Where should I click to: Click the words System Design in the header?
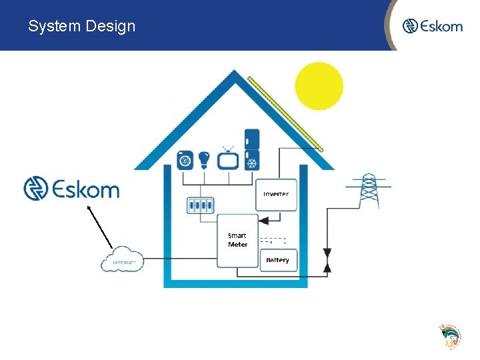click(81, 26)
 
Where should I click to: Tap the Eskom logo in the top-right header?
click(432, 26)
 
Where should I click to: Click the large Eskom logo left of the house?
click(71, 189)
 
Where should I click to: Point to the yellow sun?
click(319, 85)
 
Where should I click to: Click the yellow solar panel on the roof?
click(285, 113)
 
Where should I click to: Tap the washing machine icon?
click(185, 160)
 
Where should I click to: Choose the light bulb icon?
click(204, 160)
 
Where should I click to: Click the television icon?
click(228, 160)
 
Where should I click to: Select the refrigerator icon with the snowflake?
click(252, 150)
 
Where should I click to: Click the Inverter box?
click(275, 193)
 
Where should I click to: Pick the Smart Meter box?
click(237, 240)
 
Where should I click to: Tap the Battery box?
click(277, 259)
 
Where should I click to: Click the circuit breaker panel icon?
click(200, 205)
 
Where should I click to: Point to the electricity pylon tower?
click(369, 191)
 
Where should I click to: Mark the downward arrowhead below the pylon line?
click(327, 253)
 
